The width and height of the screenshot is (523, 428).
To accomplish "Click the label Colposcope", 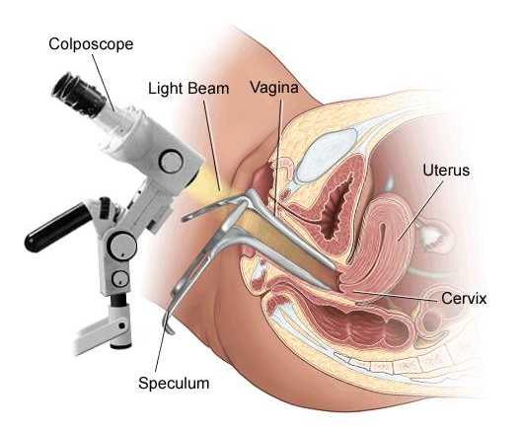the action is pyautogui.click(x=91, y=44).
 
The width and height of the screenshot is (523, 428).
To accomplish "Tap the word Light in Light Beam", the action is pyautogui.click(x=166, y=89).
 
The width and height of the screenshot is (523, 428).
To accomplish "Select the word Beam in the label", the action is pyautogui.click(x=208, y=89).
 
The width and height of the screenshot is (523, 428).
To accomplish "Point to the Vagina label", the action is pyautogui.click(x=274, y=88).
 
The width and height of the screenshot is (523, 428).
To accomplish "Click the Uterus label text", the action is pyautogui.click(x=446, y=171).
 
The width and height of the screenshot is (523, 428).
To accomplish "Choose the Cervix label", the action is pyautogui.click(x=464, y=299).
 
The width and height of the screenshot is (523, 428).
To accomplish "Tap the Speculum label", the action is pyautogui.click(x=174, y=383).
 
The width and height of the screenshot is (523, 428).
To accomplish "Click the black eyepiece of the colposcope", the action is pyautogui.click(x=78, y=94).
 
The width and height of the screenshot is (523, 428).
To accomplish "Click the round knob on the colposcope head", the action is pyautogui.click(x=171, y=162).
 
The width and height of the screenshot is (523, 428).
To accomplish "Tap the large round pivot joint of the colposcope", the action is pyautogui.click(x=122, y=247).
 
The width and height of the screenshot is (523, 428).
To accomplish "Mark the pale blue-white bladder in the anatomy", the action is pyautogui.click(x=326, y=154).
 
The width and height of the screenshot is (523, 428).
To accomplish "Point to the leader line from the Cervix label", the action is pyautogui.click(x=396, y=296).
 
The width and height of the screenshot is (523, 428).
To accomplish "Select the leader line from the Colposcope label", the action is pyautogui.click(x=103, y=83).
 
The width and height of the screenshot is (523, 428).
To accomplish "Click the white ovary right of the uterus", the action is pyautogui.click(x=431, y=234).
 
